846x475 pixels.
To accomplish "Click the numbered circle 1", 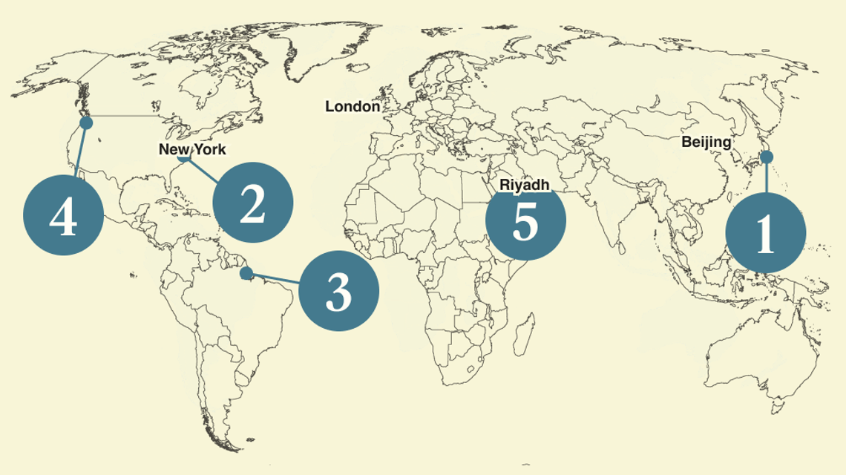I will click(x=765, y=232).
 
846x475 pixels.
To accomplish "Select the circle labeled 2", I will click(x=253, y=203).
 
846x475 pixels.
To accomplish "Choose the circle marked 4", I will click(x=63, y=218).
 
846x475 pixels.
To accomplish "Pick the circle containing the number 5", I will click(x=525, y=220).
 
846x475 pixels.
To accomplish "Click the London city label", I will click(x=352, y=107).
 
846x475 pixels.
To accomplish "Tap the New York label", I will click(x=192, y=149).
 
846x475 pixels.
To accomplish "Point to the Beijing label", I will click(x=706, y=142).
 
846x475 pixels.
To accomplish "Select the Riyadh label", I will click(x=525, y=184).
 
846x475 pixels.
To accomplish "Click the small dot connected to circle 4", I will click(x=86, y=122).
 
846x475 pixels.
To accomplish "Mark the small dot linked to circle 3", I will click(x=246, y=273).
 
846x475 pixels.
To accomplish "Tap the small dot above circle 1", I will click(x=767, y=157).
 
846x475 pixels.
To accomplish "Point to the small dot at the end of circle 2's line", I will click(x=184, y=157).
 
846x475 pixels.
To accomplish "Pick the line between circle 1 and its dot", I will click(x=766, y=177).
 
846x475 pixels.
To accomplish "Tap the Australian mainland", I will click(x=750, y=356).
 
